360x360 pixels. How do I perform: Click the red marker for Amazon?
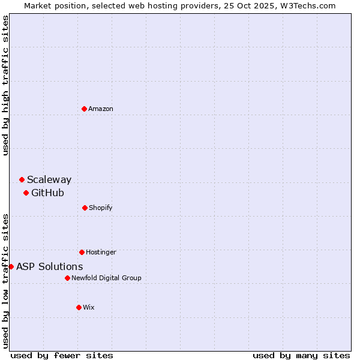84,109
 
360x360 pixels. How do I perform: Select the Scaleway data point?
22,179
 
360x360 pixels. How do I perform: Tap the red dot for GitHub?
26,193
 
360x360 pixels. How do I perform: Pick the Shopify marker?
85,208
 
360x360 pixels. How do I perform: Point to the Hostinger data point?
82,252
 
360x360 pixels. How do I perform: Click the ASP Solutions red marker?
11,266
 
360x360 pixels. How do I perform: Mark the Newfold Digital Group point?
67,278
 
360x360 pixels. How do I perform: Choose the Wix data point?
79,307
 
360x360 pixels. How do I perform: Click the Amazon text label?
101,109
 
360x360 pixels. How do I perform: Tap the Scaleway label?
49,179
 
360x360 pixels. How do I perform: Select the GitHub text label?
47,193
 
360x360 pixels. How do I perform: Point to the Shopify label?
101,208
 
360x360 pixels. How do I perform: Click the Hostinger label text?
101,252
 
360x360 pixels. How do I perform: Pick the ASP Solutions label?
50,266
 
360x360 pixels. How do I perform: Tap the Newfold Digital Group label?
106,278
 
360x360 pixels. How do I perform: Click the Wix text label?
89,307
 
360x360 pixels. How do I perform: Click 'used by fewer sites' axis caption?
62,355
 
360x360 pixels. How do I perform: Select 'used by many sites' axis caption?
301,355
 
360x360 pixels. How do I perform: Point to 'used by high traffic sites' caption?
5,85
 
